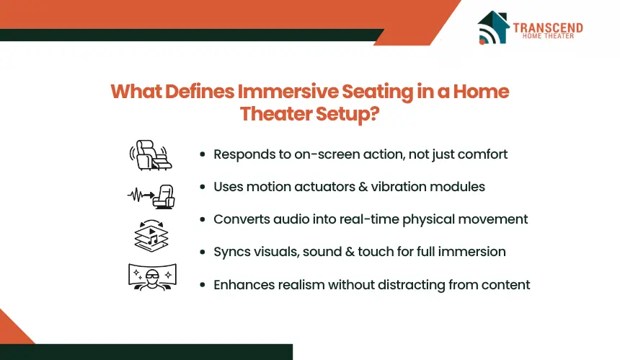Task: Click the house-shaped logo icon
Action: (x=493, y=27)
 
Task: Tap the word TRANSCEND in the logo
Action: (x=548, y=27)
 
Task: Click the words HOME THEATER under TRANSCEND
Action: (x=548, y=36)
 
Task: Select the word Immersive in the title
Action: (x=288, y=92)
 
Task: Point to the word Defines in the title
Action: (x=200, y=92)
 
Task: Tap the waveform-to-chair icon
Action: (x=151, y=196)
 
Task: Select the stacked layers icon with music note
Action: (x=151, y=236)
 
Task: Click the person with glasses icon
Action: (x=152, y=277)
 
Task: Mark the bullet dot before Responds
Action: (x=203, y=154)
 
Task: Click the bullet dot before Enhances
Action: (x=203, y=285)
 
